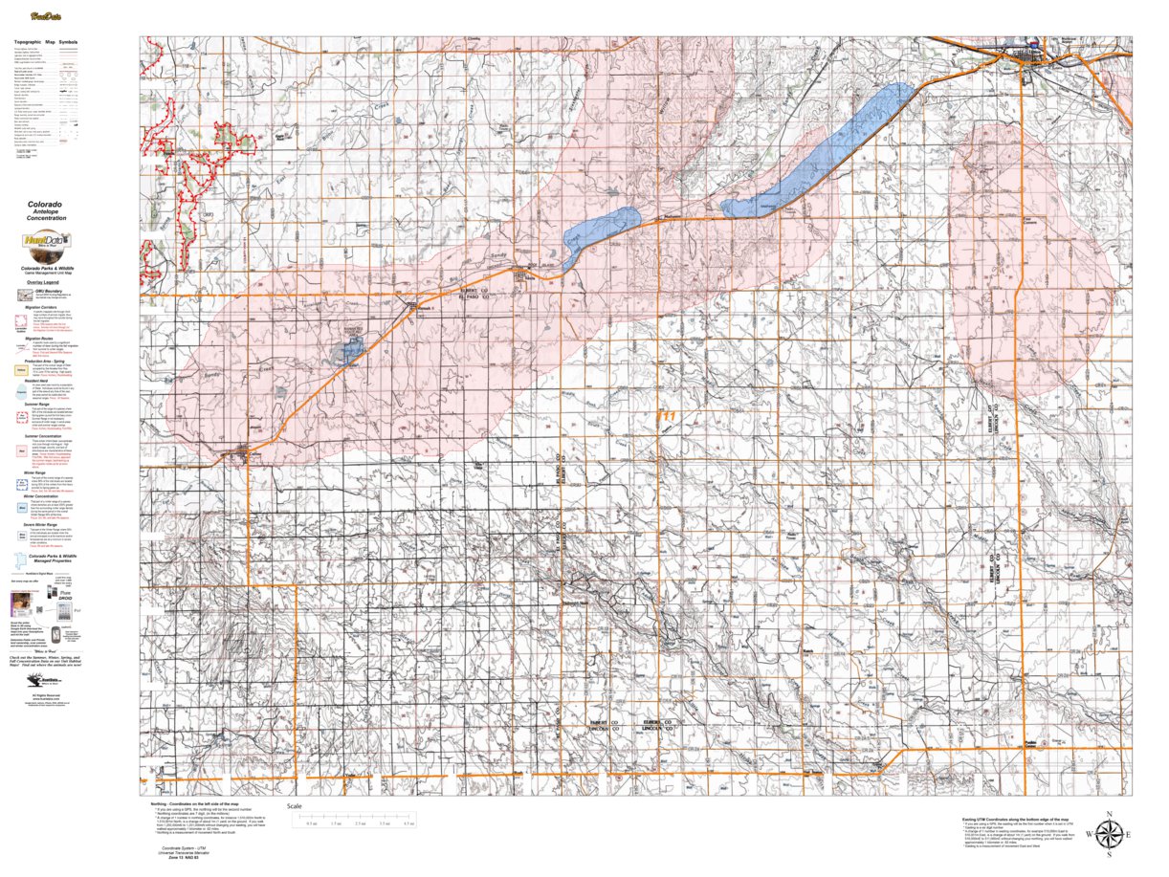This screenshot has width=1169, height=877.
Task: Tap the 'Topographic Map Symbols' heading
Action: pos(46,43)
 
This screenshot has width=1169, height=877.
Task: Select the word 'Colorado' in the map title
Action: pos(46,205)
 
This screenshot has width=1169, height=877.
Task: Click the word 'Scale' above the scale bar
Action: pos(295,806)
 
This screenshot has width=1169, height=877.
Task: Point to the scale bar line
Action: pos(360,818)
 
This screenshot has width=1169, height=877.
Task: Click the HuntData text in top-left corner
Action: pos(43,16)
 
